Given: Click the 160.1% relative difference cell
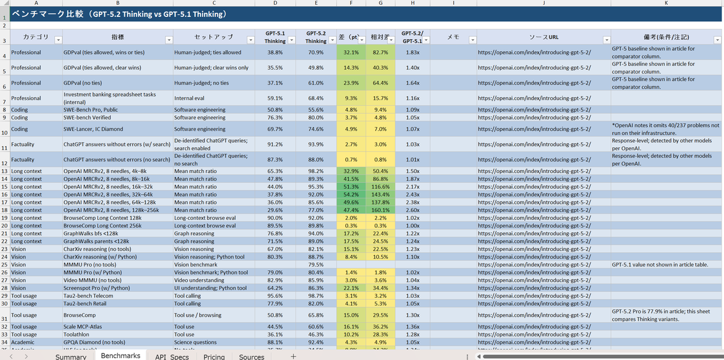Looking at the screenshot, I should tap(380, 210).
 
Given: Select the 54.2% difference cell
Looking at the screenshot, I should tap(351, 194).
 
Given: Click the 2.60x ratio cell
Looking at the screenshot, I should tap(413, 210).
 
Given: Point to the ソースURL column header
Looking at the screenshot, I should tap(544, 37).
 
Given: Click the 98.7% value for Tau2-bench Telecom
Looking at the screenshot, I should tap(316, 295).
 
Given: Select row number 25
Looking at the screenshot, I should tap(4, 264).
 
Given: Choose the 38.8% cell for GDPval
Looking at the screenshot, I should tap(275, 52).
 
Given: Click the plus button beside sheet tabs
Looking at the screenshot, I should tap(293, 356).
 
